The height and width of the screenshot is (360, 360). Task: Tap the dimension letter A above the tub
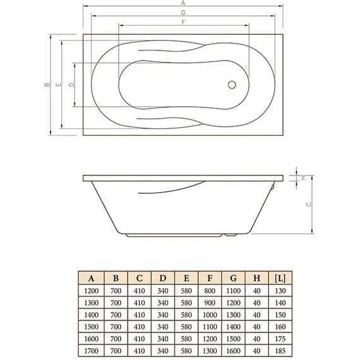183,4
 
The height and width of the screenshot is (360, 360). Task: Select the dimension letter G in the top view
183,13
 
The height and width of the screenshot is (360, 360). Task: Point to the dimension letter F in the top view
183,22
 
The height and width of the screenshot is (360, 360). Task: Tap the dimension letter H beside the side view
303,179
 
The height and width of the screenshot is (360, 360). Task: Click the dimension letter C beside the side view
308,204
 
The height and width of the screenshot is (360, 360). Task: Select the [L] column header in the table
280,277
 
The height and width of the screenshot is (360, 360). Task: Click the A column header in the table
92,277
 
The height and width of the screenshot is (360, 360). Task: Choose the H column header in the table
256,277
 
